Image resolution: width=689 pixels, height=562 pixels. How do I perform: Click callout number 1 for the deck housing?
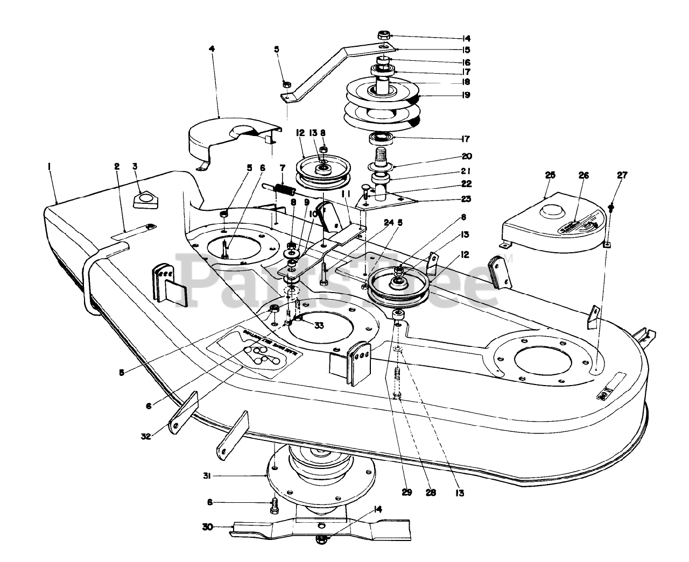49,168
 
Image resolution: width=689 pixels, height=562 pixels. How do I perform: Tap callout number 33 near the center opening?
319,325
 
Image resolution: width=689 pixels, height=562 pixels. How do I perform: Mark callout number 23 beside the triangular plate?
466,199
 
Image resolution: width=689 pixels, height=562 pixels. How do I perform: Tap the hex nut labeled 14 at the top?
384,35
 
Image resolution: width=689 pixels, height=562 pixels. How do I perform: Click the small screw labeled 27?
613,206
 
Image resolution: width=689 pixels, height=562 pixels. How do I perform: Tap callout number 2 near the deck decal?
117,167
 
